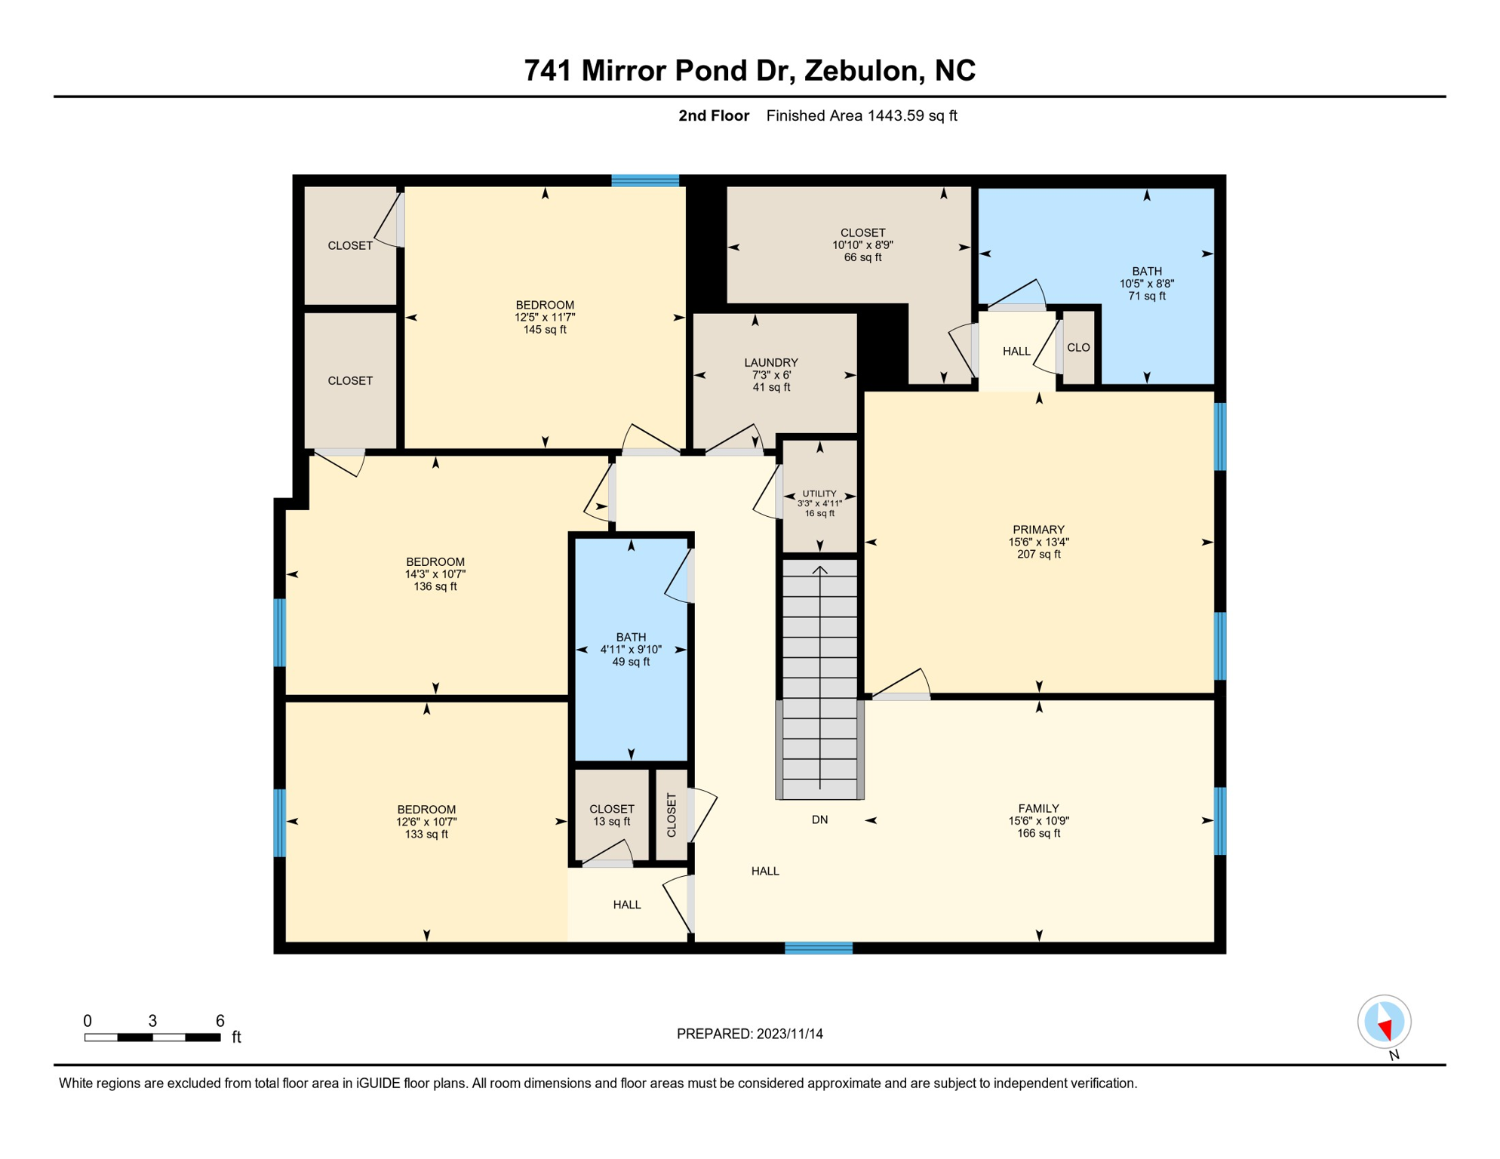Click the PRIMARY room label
click(1038, 530)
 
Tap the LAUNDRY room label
click(770, 363)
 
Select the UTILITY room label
click(819, 494)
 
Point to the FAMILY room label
click(1038, 808)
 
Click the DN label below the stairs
click(819, 819)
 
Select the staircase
click(819, 679)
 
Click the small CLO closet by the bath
click(1078, 348)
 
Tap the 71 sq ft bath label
click(1146, 297)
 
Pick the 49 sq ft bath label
click(631, 663)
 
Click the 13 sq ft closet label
click(611, 822)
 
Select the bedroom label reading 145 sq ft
click(545, 330)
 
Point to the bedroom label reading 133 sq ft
click(426, 835)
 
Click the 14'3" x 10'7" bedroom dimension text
click(435, 574)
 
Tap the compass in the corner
click(1384, 1022)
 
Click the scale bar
click(152, 1038)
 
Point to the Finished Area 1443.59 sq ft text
click(861, 115)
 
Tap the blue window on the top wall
click(644, 180)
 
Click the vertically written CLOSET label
click(672, 815)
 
